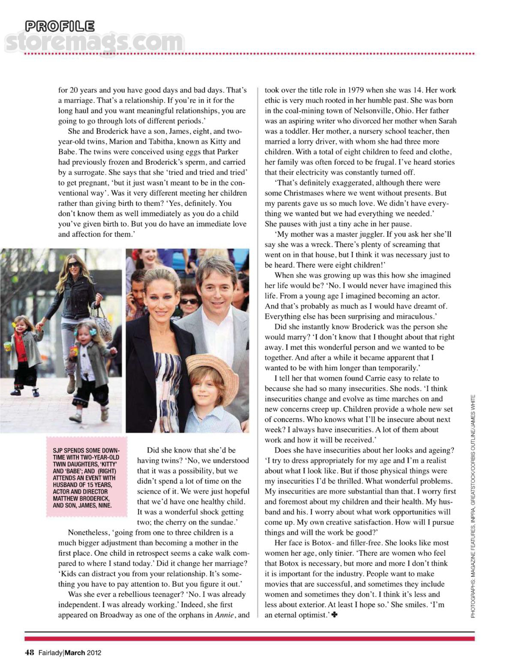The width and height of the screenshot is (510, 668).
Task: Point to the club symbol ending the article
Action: [x=335, y=615]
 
